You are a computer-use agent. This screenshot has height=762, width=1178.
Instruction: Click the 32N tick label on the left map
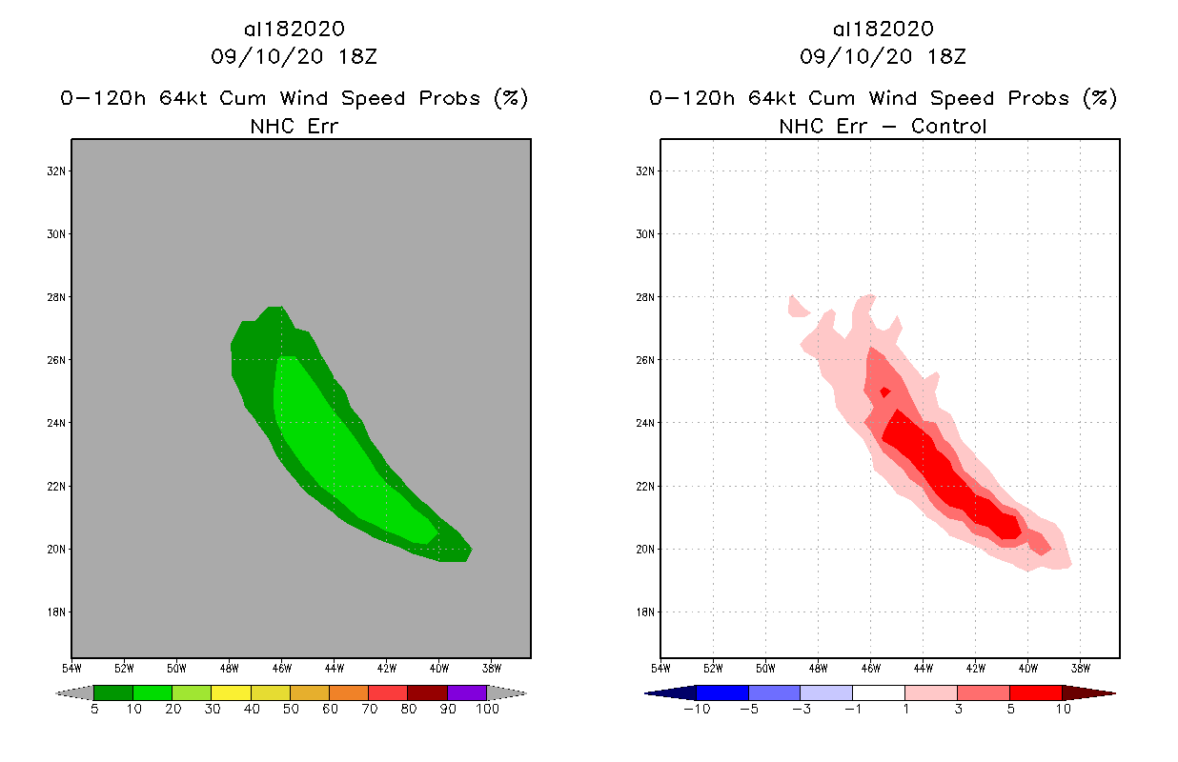(x=58, y=171)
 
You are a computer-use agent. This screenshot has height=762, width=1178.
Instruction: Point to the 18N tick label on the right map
(x=647, y=612)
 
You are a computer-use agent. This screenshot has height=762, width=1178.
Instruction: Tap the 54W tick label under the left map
(x=71, y=668)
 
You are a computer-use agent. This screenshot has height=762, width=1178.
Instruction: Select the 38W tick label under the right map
(x=1080, y=668)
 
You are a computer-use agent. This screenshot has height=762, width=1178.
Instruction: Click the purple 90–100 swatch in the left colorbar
(x=467, y=693)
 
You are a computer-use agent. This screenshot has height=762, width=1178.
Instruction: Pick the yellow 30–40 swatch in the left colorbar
(x=231, y=693)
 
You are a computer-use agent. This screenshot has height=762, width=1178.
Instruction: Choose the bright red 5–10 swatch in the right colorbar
(x=1035, y=693)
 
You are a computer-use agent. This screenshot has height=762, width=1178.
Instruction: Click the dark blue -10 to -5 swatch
(x=722, y=693)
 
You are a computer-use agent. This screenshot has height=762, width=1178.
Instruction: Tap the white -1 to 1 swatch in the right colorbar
(x=879, y=693)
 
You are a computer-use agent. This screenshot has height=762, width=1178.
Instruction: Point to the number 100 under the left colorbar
(x=487, y=710)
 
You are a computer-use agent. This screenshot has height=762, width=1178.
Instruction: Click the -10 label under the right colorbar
(x=696, y=710)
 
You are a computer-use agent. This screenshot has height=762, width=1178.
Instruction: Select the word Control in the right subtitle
(x=948, y=126)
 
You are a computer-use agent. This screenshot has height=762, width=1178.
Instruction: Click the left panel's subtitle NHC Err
(x=294, y=126)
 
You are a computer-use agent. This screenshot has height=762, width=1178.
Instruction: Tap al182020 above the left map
(x=294, y=30)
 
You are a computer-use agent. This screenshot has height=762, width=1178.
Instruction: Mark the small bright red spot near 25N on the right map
(x=884, y=391)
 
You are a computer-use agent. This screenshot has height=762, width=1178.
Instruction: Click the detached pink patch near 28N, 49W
(x=798, y=307)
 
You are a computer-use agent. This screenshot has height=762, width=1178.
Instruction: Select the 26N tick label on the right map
(x=647, y=360)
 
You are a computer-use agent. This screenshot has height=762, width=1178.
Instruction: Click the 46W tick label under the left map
(x=281, y=668)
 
